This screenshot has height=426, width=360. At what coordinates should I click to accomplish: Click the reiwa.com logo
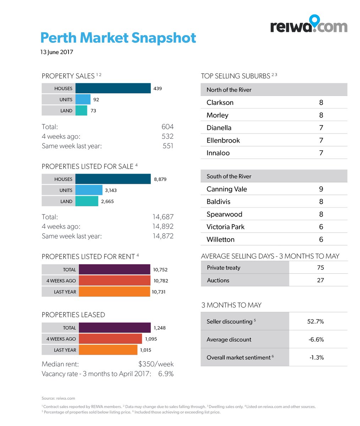pyautogui.click(x=309, y=25)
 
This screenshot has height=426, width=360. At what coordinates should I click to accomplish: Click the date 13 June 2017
pyautogui.click(x=56, y=52)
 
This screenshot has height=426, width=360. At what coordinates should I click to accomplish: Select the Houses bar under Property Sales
pyautogui.click(x=113, y=88)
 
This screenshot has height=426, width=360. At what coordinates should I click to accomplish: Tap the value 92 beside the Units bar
pyautogui.click(x=96, y=100)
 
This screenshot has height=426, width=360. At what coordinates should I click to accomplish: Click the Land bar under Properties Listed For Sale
pyautogui.click(x=87, y=201)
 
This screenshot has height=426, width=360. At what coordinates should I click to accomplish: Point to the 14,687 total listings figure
pyautogui.click(x=163, y=217)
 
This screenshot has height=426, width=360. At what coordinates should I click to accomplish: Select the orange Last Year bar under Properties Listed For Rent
pyautogui.click(x=114, y=292)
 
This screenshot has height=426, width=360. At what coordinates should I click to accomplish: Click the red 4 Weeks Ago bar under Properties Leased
pyautogui.click(x=110, y=339)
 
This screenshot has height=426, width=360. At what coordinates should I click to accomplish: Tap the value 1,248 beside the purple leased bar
pyautogui.click(x=159, y=328)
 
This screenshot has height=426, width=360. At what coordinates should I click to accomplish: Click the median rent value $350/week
pyautogui.click(x=156, y=364)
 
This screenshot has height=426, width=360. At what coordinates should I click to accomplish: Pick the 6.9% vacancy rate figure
pyautogui.click(x=166, y=374)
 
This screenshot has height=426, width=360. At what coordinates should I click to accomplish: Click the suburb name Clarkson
pyautogui.click(x=220, y=103)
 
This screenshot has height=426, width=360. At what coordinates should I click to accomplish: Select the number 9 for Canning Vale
pyautogui.click(x=321, y=189)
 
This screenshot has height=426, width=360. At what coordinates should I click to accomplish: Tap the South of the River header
pyautogui.click(x=229, y=176)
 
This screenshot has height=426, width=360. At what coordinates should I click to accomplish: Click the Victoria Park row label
pyautogui.click(x=225, y=227)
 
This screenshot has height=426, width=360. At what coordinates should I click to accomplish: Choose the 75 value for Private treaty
pyautogui.click(x=320, y=268)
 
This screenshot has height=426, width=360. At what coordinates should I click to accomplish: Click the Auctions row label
pyautogui.click(x=218, y=280)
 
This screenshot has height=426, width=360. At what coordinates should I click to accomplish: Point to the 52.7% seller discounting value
pyautogui.click(x=315, y=322)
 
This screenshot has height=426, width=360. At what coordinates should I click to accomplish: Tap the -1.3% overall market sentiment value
pyautogui.click(x=316, y=357)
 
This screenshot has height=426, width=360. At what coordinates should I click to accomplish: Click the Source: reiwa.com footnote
pyautogui.click(x=58, y=398)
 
